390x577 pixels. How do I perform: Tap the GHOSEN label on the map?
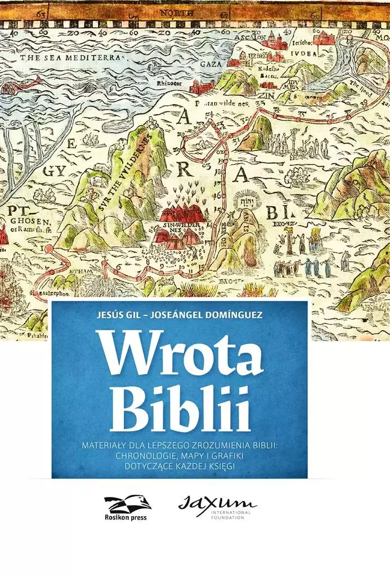click(x=24, y=221)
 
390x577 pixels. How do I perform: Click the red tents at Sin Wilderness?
click(x=182, y=215)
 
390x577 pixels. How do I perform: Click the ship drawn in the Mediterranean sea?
click(x=12, y=89)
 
